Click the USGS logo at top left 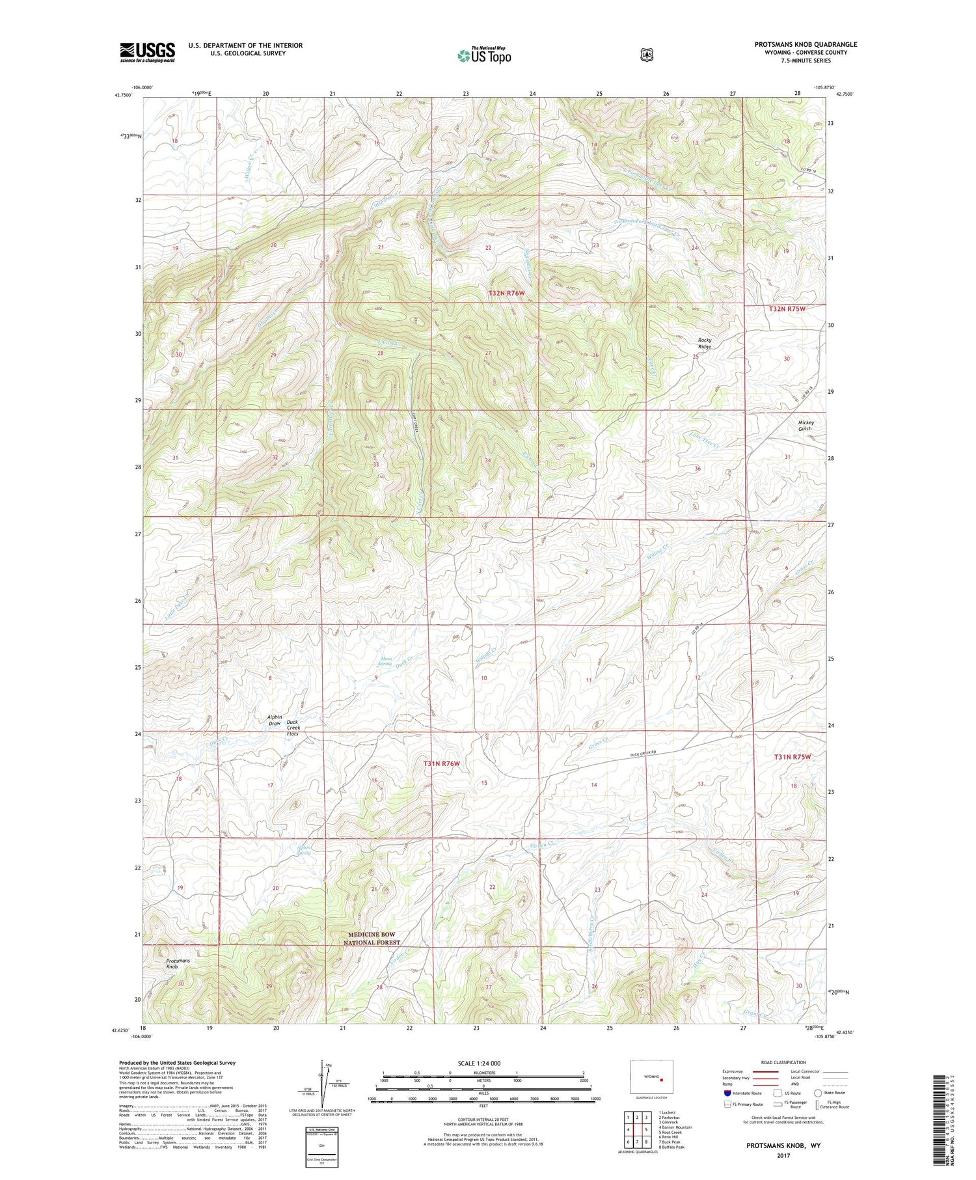[147, 52]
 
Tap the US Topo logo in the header [484, 55]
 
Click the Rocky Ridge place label [705, 343]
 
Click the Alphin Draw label [275, 720]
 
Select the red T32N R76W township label [506, 294]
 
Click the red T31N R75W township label [793, 757]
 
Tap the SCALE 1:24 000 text [483, 1063]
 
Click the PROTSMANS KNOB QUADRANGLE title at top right [806, 44]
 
